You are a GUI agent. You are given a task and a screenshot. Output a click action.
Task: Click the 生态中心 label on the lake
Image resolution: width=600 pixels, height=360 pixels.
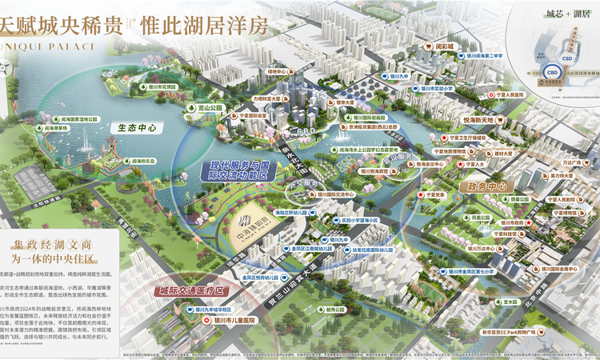(x=134, y=127)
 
